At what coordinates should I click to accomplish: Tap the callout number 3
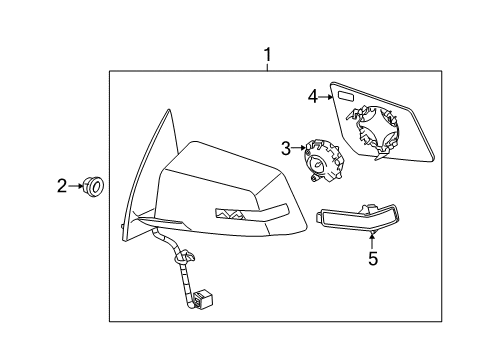(x=285, y=149)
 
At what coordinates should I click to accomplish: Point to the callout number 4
(x=313, y=96)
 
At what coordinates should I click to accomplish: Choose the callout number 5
(x=373, y=261)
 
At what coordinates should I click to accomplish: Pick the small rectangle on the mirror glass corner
(x=344, y=98)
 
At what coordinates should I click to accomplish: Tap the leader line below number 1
(x=267, y=65)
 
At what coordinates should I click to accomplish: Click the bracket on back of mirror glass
(x=375, y=130)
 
